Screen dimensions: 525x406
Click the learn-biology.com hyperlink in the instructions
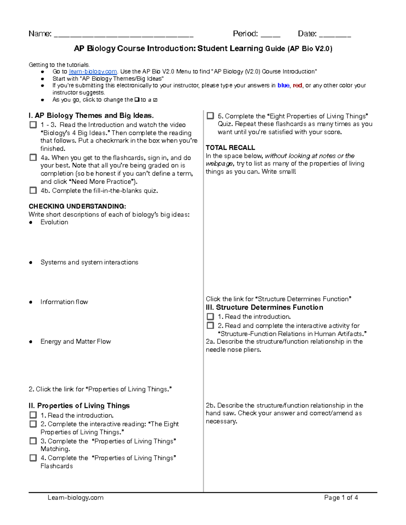pos(93,72)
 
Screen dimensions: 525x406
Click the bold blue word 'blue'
pos(283,86)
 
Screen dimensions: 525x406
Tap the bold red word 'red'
pos(297,86)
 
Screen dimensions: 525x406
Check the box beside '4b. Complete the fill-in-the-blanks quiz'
pos(33,190)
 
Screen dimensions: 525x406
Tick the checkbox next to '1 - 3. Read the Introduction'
pos(33,125)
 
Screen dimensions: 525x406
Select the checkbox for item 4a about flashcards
pos(33,158)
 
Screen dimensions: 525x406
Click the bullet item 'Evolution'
pos(54,222)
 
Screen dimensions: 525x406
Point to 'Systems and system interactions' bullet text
pos(89,262)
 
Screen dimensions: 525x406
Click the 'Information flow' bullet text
pos(64,302)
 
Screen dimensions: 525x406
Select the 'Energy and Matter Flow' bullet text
pos(75,341)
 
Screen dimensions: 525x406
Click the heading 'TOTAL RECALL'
pos(230,148)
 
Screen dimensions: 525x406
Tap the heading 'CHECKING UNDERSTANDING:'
pos(77,206)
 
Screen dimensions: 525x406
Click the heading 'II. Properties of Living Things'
pos(79,406)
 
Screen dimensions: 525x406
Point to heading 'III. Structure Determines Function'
pos(264,307)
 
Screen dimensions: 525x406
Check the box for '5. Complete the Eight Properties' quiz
pos(210,116)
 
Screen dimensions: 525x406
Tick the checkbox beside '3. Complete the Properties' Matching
pos(33,441)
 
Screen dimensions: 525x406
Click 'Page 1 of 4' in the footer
pos(341,498)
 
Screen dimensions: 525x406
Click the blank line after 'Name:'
pos(123,35)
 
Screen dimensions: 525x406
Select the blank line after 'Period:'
pos(270,35)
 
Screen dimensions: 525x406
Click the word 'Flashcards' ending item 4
pos(57,466)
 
